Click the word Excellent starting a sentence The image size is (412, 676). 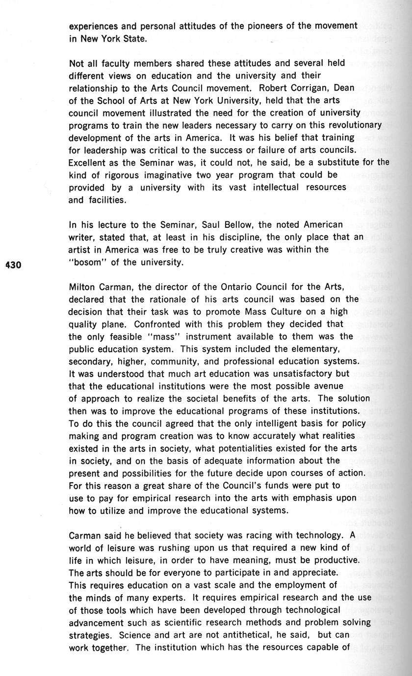tap(89, 162)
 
